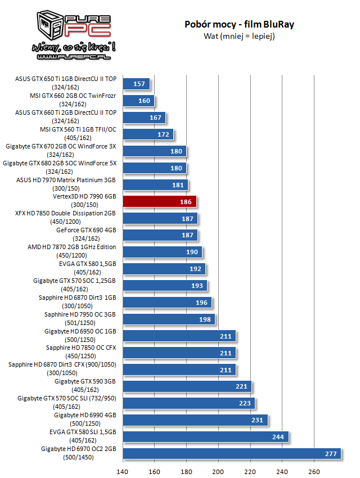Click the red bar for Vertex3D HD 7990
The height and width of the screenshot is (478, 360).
point(159,201)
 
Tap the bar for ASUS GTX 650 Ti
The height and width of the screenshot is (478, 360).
point(136,84)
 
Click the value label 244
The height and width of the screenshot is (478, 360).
point(278,437)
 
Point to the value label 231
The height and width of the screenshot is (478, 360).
point(257,420)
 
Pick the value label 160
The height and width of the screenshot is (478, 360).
point(144,101)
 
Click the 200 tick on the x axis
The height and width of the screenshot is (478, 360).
point(219,471)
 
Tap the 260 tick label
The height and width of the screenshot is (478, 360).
point(314,471)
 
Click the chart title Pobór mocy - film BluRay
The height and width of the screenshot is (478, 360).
point(239,25)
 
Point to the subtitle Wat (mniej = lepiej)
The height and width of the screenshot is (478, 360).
point(239,36)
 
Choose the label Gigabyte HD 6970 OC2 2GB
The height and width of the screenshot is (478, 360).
point(79,449)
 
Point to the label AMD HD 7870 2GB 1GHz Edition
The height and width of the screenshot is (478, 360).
point(72,247)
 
